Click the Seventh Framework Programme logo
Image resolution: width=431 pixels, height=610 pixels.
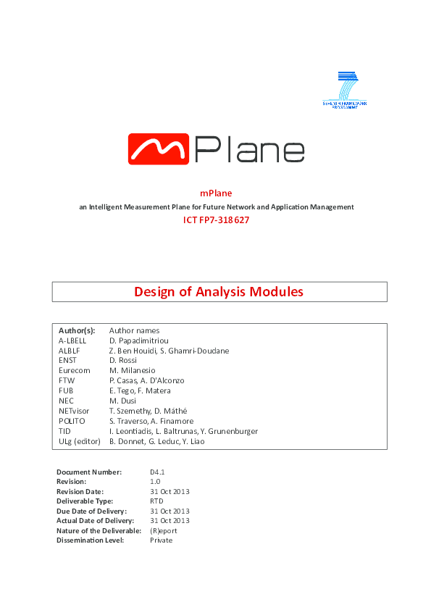345,89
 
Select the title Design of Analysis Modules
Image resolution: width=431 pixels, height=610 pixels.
219,292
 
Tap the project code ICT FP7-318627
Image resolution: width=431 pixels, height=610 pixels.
216,220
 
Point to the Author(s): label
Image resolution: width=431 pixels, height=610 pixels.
77,330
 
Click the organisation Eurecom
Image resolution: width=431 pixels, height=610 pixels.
75,370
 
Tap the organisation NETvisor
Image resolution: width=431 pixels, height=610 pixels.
75,411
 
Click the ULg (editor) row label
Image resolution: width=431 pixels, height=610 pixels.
80,441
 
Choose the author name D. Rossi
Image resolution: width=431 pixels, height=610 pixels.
123,360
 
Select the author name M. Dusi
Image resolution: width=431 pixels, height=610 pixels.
123,401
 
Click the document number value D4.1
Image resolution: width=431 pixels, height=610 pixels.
157,472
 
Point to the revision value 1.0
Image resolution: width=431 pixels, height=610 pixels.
155,481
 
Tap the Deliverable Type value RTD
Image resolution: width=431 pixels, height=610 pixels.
156,501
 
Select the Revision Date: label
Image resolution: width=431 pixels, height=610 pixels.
83,491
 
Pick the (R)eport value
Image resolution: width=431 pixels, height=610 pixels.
164,530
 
